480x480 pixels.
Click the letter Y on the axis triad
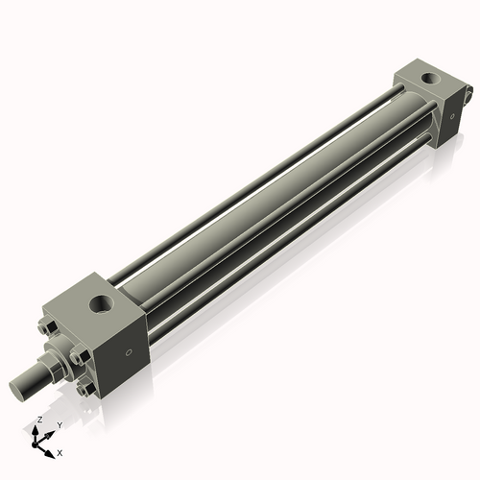coord(60,424)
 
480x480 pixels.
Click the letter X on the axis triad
coord(60,451)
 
